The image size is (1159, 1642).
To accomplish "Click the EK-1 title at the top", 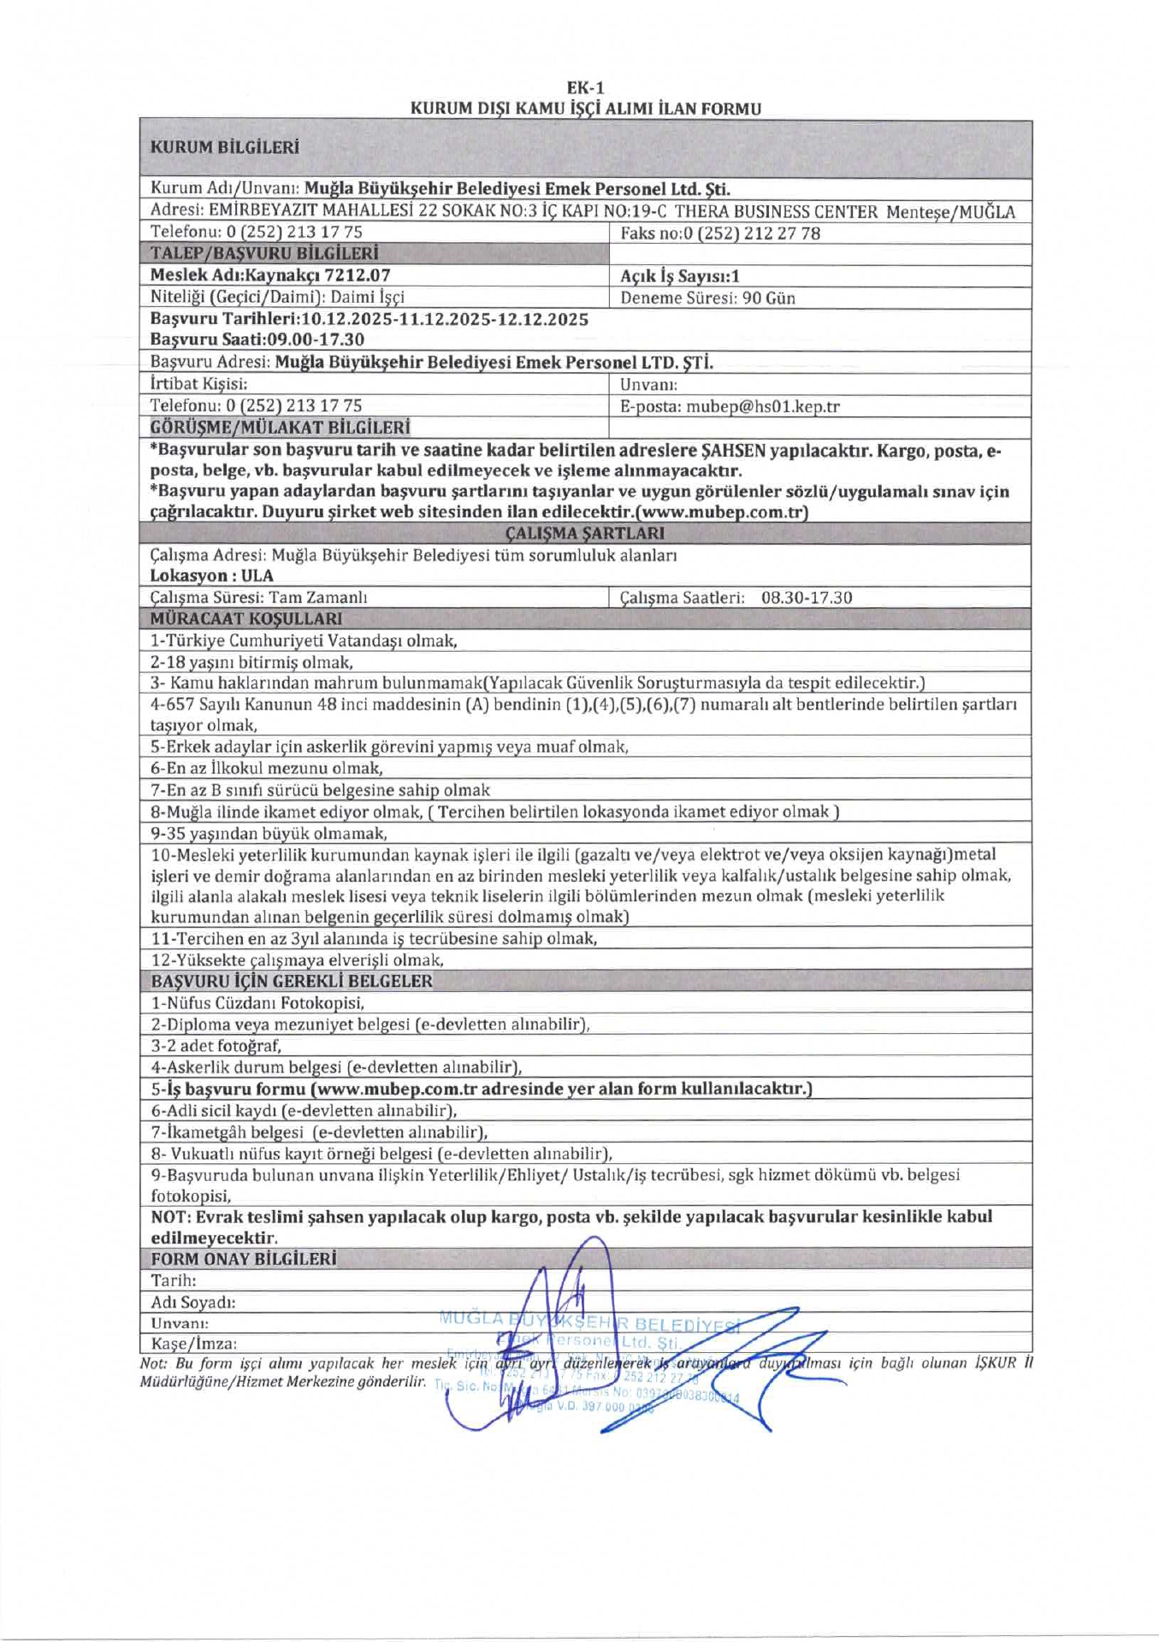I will pyautogui.click(x=585, y=87).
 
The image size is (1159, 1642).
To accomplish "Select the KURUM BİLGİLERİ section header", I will pyautogui.click(x=225, y=147).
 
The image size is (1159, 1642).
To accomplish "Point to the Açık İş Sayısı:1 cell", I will pyautogui.click(x=680, y=276).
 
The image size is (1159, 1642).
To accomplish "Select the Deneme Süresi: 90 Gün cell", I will pyautogui.click(x=707, y=298).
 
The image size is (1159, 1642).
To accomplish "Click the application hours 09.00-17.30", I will pyautogui.click(x=316, y=340).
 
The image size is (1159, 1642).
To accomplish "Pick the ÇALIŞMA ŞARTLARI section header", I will pyautogui.click(x=585, y=534).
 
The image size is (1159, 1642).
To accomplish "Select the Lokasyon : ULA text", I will pyautogui.click(x=212, y=576).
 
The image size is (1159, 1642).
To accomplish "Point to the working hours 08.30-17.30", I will pyautogui.click(x=807, y=598).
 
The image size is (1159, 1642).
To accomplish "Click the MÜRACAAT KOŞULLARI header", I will pyautogui.click(x=246, y=618).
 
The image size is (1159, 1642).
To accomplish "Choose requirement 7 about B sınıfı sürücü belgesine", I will pyautogui.click(x=321, y=790).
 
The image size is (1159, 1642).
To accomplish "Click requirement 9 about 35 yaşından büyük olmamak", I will pyautogui.click(x=269, y=833).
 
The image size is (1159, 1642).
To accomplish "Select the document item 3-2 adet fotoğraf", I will pyautogui.click(x=216, y=1045).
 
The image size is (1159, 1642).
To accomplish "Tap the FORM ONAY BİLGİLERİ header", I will pyautogui.click(x=244, y=1259).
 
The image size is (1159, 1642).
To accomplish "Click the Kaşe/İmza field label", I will pyautogui.click(x=194, y=1344).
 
